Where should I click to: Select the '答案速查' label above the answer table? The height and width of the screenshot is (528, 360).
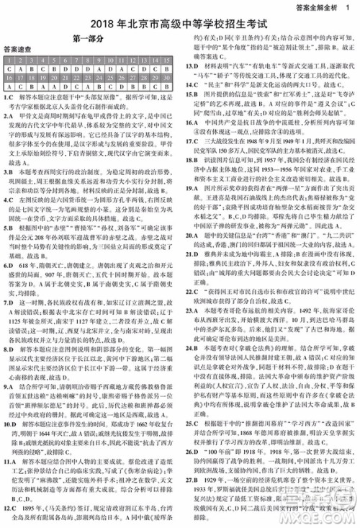[x=17, y=50]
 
